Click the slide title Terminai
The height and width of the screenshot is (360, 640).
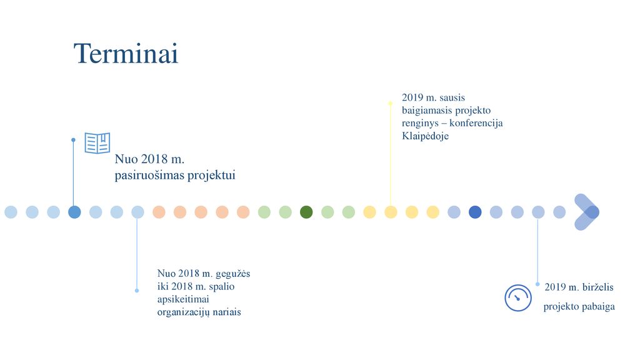(126, 54)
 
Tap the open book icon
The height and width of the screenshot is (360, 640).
(97, 143)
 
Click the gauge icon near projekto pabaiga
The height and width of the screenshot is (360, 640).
(518, 298)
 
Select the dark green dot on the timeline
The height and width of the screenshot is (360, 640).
(306, 212)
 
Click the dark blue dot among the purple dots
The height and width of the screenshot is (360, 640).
(475, 212)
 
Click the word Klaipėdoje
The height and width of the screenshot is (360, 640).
(425, 136)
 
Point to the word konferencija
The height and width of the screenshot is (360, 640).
(476, 123)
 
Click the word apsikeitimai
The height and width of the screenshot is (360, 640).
(183, 299)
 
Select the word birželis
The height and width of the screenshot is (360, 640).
(597, 287)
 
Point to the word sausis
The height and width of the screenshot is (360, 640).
(452, 98)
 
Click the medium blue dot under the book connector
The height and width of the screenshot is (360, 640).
(74, 212)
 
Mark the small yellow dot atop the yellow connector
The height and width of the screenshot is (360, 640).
(390, 104)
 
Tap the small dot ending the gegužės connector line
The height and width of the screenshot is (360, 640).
(137, 291)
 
